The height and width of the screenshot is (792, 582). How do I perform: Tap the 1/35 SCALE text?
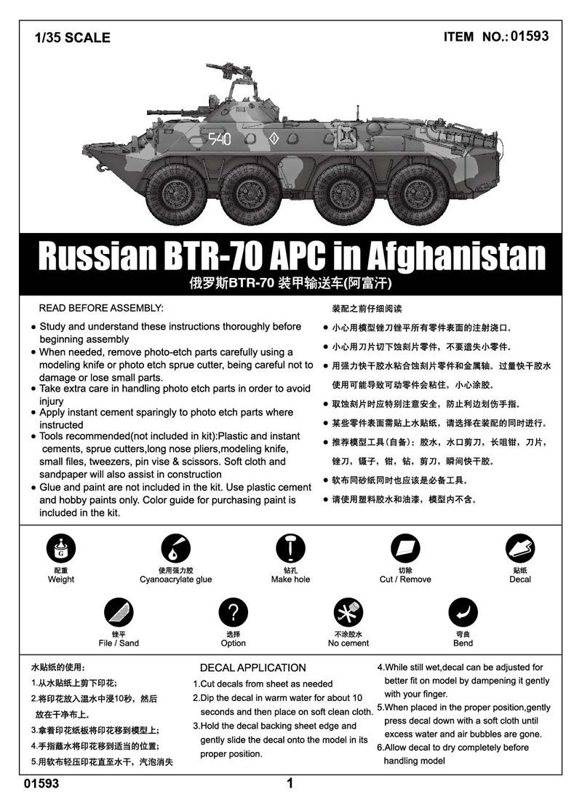pyautogui.click(x=72, y=37)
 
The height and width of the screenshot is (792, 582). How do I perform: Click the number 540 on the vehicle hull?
pyautogui.click(x=220, y=138)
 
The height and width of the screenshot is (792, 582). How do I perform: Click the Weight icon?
pyautogui.click(x=60, y=549)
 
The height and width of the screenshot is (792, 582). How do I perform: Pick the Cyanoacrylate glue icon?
pyautogui.click(x=175, y=549)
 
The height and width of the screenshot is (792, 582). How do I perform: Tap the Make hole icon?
pyautogui.click(x=290, y=549)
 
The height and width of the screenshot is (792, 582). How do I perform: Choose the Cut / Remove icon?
pyautogui.click(x=405, y=549)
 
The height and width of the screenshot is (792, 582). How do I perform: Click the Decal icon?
pyautogui.click(x=520, y=549)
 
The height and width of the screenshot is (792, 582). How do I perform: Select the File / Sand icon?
pyautogui.click(x=118, y=612)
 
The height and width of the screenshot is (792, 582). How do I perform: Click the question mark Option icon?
pyautogui.click(x=233, y=612)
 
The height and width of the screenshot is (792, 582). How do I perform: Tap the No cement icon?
pyautogui.click(x=348, y=612)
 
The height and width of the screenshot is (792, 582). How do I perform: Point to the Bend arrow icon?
pyautogui.click(x=463, y=612)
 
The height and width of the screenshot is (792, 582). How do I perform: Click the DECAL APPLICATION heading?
pyautogui.click(x=252, y=668)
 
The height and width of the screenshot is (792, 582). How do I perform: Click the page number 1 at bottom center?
pyautogui.click(x=290, y=783)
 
